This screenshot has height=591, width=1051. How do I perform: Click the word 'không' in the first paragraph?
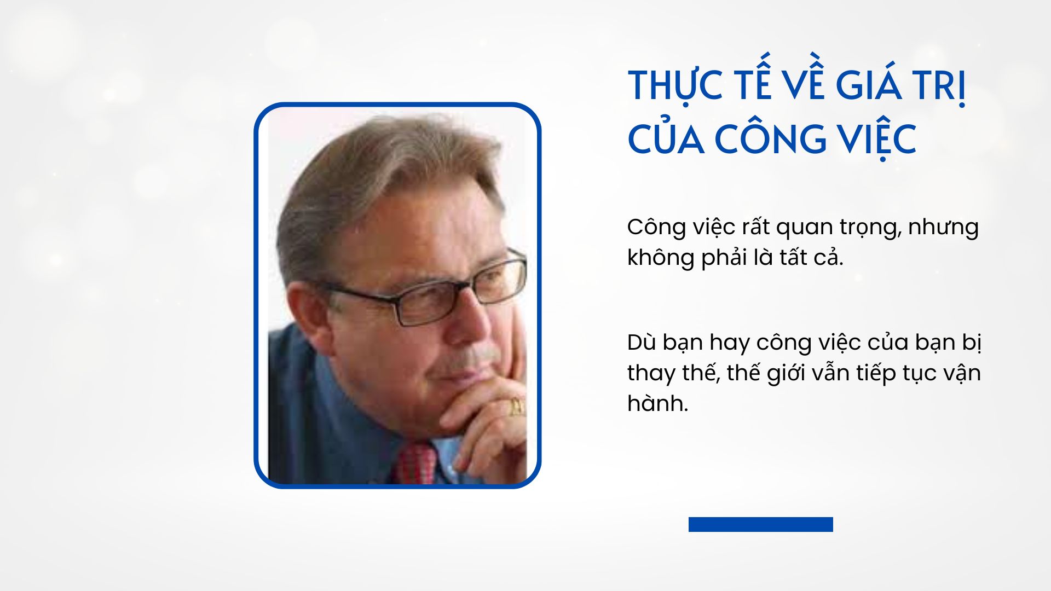point(660,257)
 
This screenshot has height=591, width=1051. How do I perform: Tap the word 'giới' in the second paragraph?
point(785,373)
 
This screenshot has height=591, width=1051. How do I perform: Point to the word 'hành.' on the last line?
point(657,403)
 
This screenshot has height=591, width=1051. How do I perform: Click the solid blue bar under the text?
point(760,524)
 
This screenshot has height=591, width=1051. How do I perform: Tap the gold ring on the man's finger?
point(516,406)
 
